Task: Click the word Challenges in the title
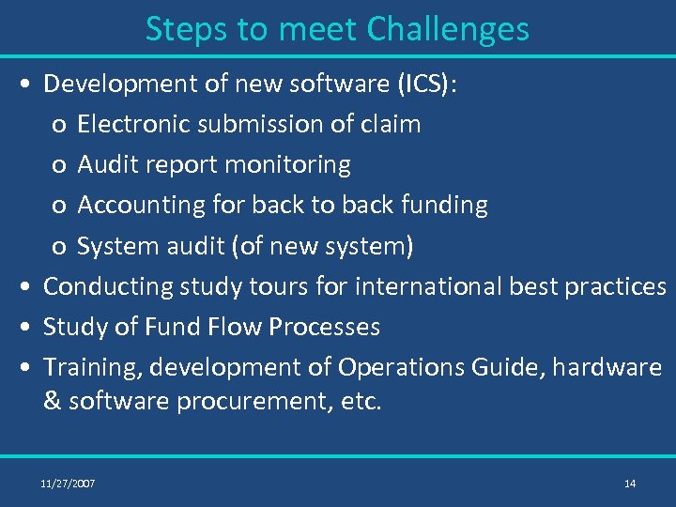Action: coord(448,30)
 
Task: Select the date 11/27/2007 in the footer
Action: coord(68,484)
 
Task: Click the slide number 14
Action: coord(629,484)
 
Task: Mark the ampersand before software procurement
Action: coord(53,402)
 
